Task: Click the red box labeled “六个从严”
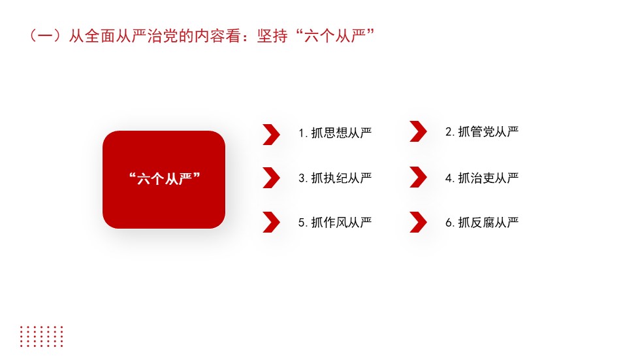(x=164, y=180)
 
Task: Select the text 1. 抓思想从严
(x=335, y=133)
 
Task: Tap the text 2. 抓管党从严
(x=482, y=132)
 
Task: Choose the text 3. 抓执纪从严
(x=335, y=178)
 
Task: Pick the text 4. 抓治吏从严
(x=482, y=178)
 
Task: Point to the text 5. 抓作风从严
(x=335, y=222)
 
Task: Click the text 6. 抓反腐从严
(x=482, y=222)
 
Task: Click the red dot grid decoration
(x=42, y=336)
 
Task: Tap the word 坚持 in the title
(x=273, y=36)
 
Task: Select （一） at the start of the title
(x=45, y=36)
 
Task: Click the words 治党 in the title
(x=163, y=36)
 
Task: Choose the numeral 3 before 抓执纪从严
(x=302, y=178)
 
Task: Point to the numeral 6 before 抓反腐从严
(x=449, y=223)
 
